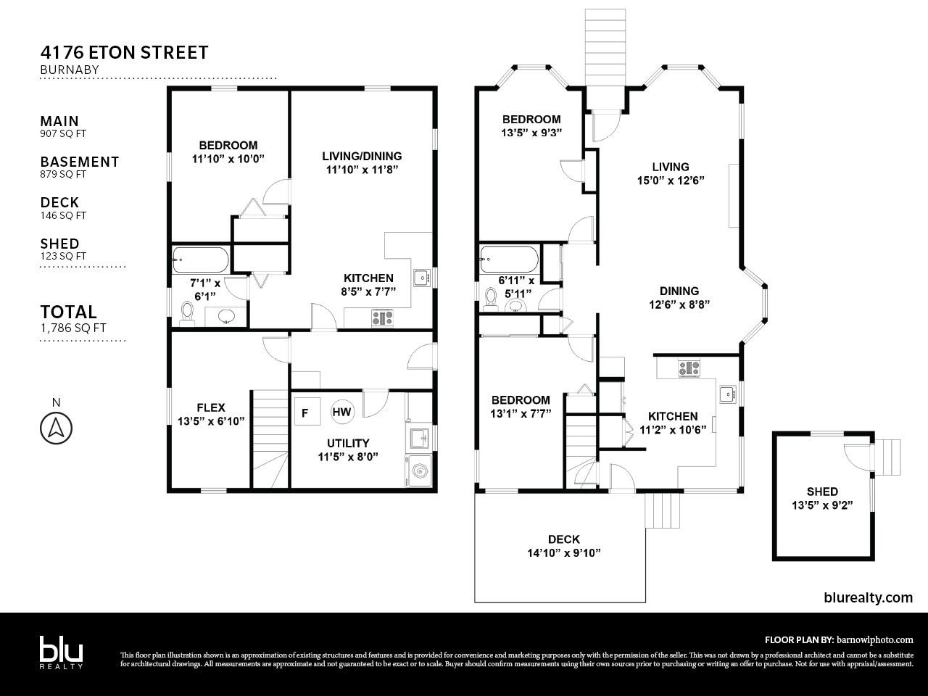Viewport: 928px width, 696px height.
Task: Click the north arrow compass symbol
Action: click(57, 428)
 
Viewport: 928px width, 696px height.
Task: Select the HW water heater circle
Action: click(341, 412)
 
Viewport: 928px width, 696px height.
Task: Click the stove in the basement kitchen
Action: click(382, 318)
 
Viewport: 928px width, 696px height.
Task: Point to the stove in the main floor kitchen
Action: click(689, 368)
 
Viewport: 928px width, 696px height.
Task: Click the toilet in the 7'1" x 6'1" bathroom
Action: click(186, 314)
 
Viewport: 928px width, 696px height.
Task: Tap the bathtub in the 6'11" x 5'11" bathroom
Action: click(510, 260)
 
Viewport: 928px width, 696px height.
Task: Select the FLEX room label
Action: click(211, 407)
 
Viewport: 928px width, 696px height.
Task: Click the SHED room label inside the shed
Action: click(822, 492)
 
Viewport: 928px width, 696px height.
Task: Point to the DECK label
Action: click(564, 539)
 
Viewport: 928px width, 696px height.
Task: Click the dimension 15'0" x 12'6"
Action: click(671, 181)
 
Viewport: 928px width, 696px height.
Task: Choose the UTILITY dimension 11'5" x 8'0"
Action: click(348, 457)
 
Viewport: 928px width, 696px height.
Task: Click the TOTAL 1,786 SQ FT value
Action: click(73, 328)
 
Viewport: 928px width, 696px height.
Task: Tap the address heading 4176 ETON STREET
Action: click(124, 53)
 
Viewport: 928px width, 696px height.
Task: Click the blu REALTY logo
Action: click(62, 652)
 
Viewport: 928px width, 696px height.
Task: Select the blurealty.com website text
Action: click(868, 597)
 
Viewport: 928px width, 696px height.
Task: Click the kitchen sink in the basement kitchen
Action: click(421, 278)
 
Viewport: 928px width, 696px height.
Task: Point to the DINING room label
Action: click(679, 291)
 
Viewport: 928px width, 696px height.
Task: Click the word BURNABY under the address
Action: click(70, 70)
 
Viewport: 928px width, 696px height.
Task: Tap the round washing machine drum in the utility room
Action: click(420, 471)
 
